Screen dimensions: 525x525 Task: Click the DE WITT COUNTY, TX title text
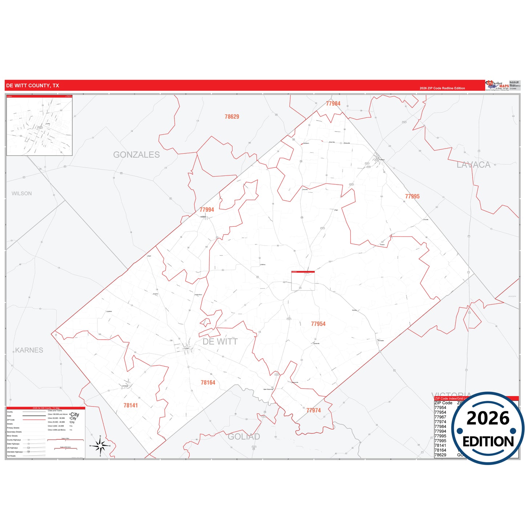[x=32, y=86]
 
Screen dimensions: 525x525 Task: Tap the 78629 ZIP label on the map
[x=232, y=117]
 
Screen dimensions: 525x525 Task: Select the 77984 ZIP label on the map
[x=333, y=104]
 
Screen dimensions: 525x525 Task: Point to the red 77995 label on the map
[x=412, y=197]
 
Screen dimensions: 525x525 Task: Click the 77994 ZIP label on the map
[x=207, y=210]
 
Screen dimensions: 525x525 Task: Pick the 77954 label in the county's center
[x=318, y=324]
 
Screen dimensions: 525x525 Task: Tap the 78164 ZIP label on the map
[x=208, y=383]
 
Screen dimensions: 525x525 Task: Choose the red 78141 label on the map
[x=130, y=405]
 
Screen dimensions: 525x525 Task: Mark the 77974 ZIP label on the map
[x=313, y=411]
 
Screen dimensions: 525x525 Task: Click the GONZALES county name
[x=136, y=155]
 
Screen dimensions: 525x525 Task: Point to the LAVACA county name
[x=473, y=165]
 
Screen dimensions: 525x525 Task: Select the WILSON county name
[x=22, y=194]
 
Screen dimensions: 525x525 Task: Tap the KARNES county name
[x=29, y=350]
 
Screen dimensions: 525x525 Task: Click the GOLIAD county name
[x=244, y=437]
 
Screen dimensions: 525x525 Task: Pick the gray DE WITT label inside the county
[x=220, y=342]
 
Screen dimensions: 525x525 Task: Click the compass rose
[x=100, y=445]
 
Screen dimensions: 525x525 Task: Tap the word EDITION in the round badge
[x=488, y=441]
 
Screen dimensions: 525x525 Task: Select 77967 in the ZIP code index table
[x=440, y=417]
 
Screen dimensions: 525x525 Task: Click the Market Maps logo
[x=497, y=85]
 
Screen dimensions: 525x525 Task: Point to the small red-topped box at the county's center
[x=303, y=280]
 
